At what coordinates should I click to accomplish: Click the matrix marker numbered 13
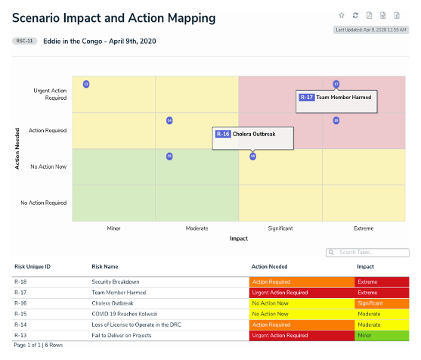pyautogui.click(x=86, y=84)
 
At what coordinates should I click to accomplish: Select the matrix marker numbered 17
pyautogui.click(x=336, y=84)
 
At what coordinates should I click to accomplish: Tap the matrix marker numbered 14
pyautogui.click(x=169, y=120)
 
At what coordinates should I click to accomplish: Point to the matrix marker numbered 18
pyautogui.click(x=336, y=120)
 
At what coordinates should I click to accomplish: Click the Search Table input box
pyautogui.click(x=368, y=252)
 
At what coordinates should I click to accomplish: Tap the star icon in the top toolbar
pyautogui.click(x=342, y=15)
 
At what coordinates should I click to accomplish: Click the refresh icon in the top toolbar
pyautogui.click(x=355, y=15)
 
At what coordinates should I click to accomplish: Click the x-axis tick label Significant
pyautogui.click(x=280, y=227)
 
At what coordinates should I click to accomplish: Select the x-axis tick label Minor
pyautogui.click(x=113, y=227)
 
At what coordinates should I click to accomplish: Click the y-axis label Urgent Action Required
pyautogui.click(x=51, y=94)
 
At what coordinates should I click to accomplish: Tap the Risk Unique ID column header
pyautogui.click(x=33, y=266)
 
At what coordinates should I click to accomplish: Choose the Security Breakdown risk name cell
pyautogui.click(x=116, y=282)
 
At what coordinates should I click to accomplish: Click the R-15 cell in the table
pyautogui.click(x=22, y=313)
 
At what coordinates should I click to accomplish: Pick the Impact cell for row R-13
pyautogui.click(x=382, y=334)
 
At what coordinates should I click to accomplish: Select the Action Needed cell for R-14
pyautogui.click(x=302, y=324)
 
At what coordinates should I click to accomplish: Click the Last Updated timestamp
pyautogui.click(x=372, y=30)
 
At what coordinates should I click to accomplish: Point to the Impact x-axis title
pyautogui.click(x=239, y=237)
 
